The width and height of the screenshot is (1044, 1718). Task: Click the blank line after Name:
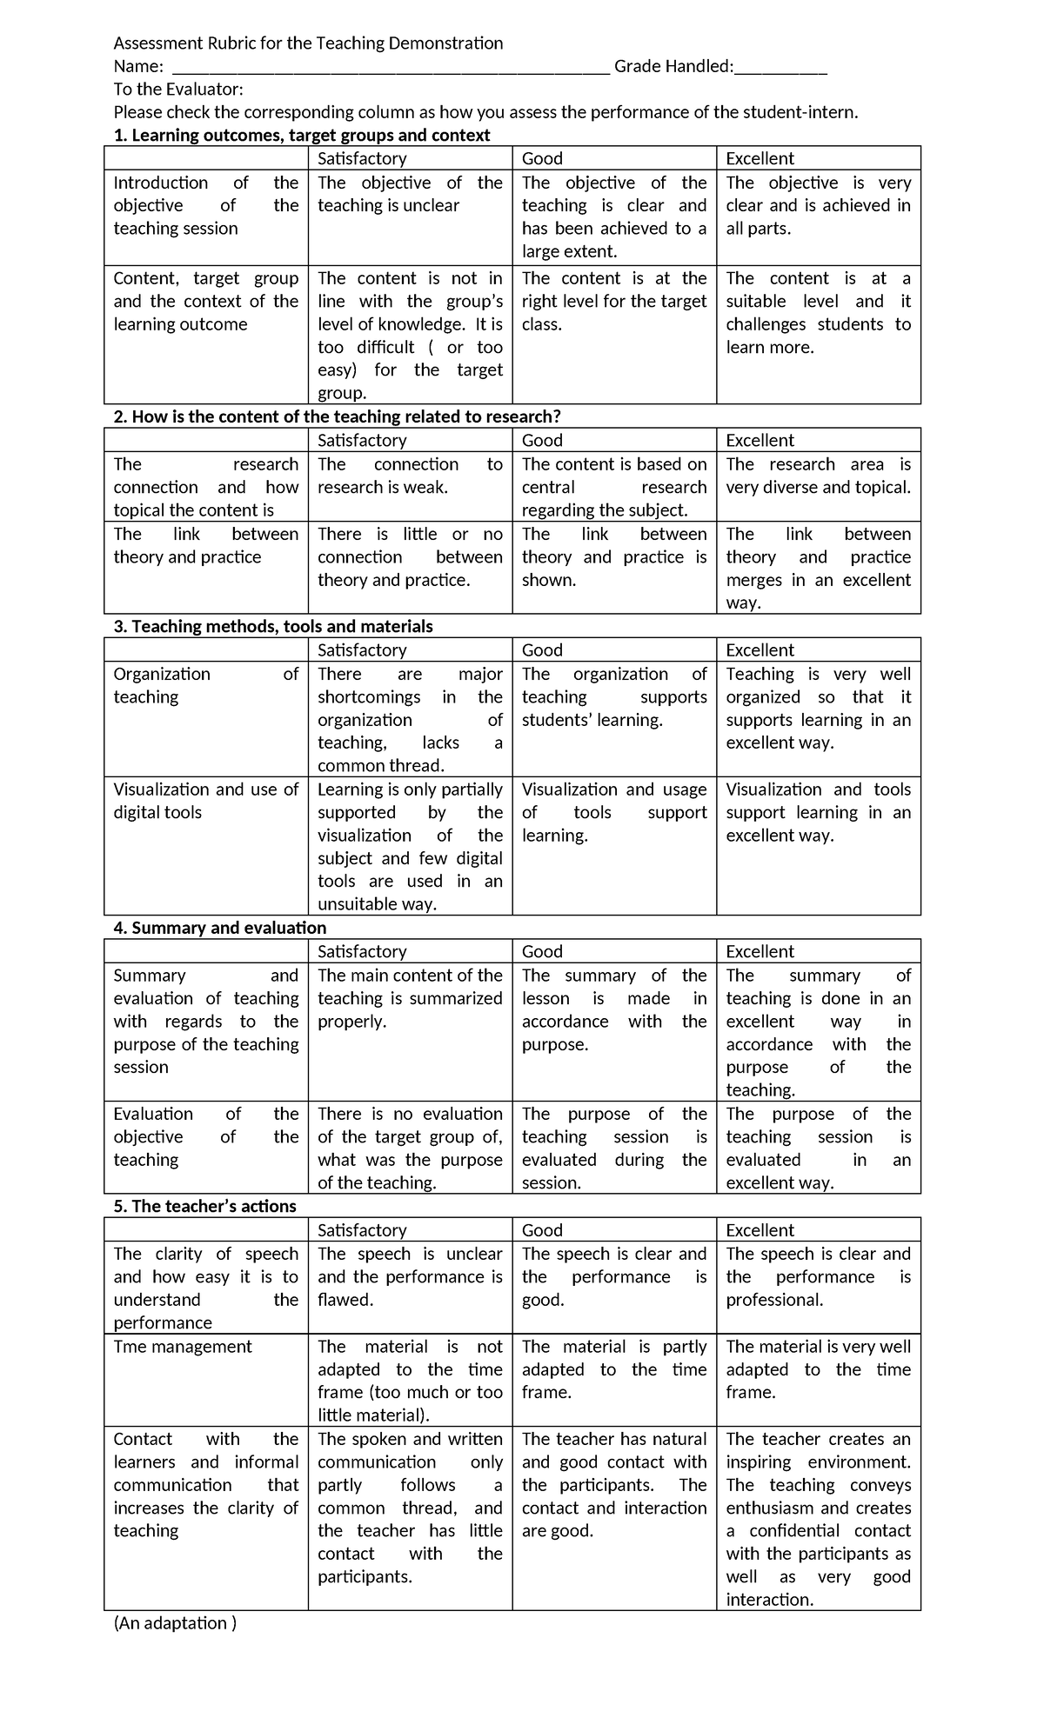coord(391,68)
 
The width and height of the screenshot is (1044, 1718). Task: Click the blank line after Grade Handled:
coord(780,68)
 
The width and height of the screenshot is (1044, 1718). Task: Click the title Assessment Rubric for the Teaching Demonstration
coord(308,43)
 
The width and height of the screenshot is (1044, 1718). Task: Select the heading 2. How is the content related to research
coord(337,416)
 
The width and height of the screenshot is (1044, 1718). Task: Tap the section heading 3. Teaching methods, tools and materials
coord(273,626)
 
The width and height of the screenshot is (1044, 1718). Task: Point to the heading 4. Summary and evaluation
coord(220,928)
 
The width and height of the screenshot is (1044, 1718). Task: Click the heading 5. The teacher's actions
coord(205,1206)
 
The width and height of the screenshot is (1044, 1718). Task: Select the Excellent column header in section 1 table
coord(760,158)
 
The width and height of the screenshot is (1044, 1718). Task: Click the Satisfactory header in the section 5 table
coord(362,1229)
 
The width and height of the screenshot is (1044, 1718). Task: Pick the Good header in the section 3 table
coord(542,649)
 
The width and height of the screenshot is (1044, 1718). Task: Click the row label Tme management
coord(183,1346)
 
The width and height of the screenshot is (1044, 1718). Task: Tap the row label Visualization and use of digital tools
coord(205,801)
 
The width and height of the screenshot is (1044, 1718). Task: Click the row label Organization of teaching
coord(205,685)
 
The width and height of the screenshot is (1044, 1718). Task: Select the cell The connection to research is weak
coord(410,476)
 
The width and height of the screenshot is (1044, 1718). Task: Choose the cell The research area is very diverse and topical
coord(818,476)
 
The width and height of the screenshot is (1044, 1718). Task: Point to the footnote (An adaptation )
coord(175,1623)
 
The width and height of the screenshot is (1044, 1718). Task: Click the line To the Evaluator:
coord(178,90)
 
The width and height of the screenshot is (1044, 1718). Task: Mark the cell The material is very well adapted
coord(818,1368)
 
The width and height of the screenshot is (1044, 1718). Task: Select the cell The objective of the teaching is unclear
coord(410,194)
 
